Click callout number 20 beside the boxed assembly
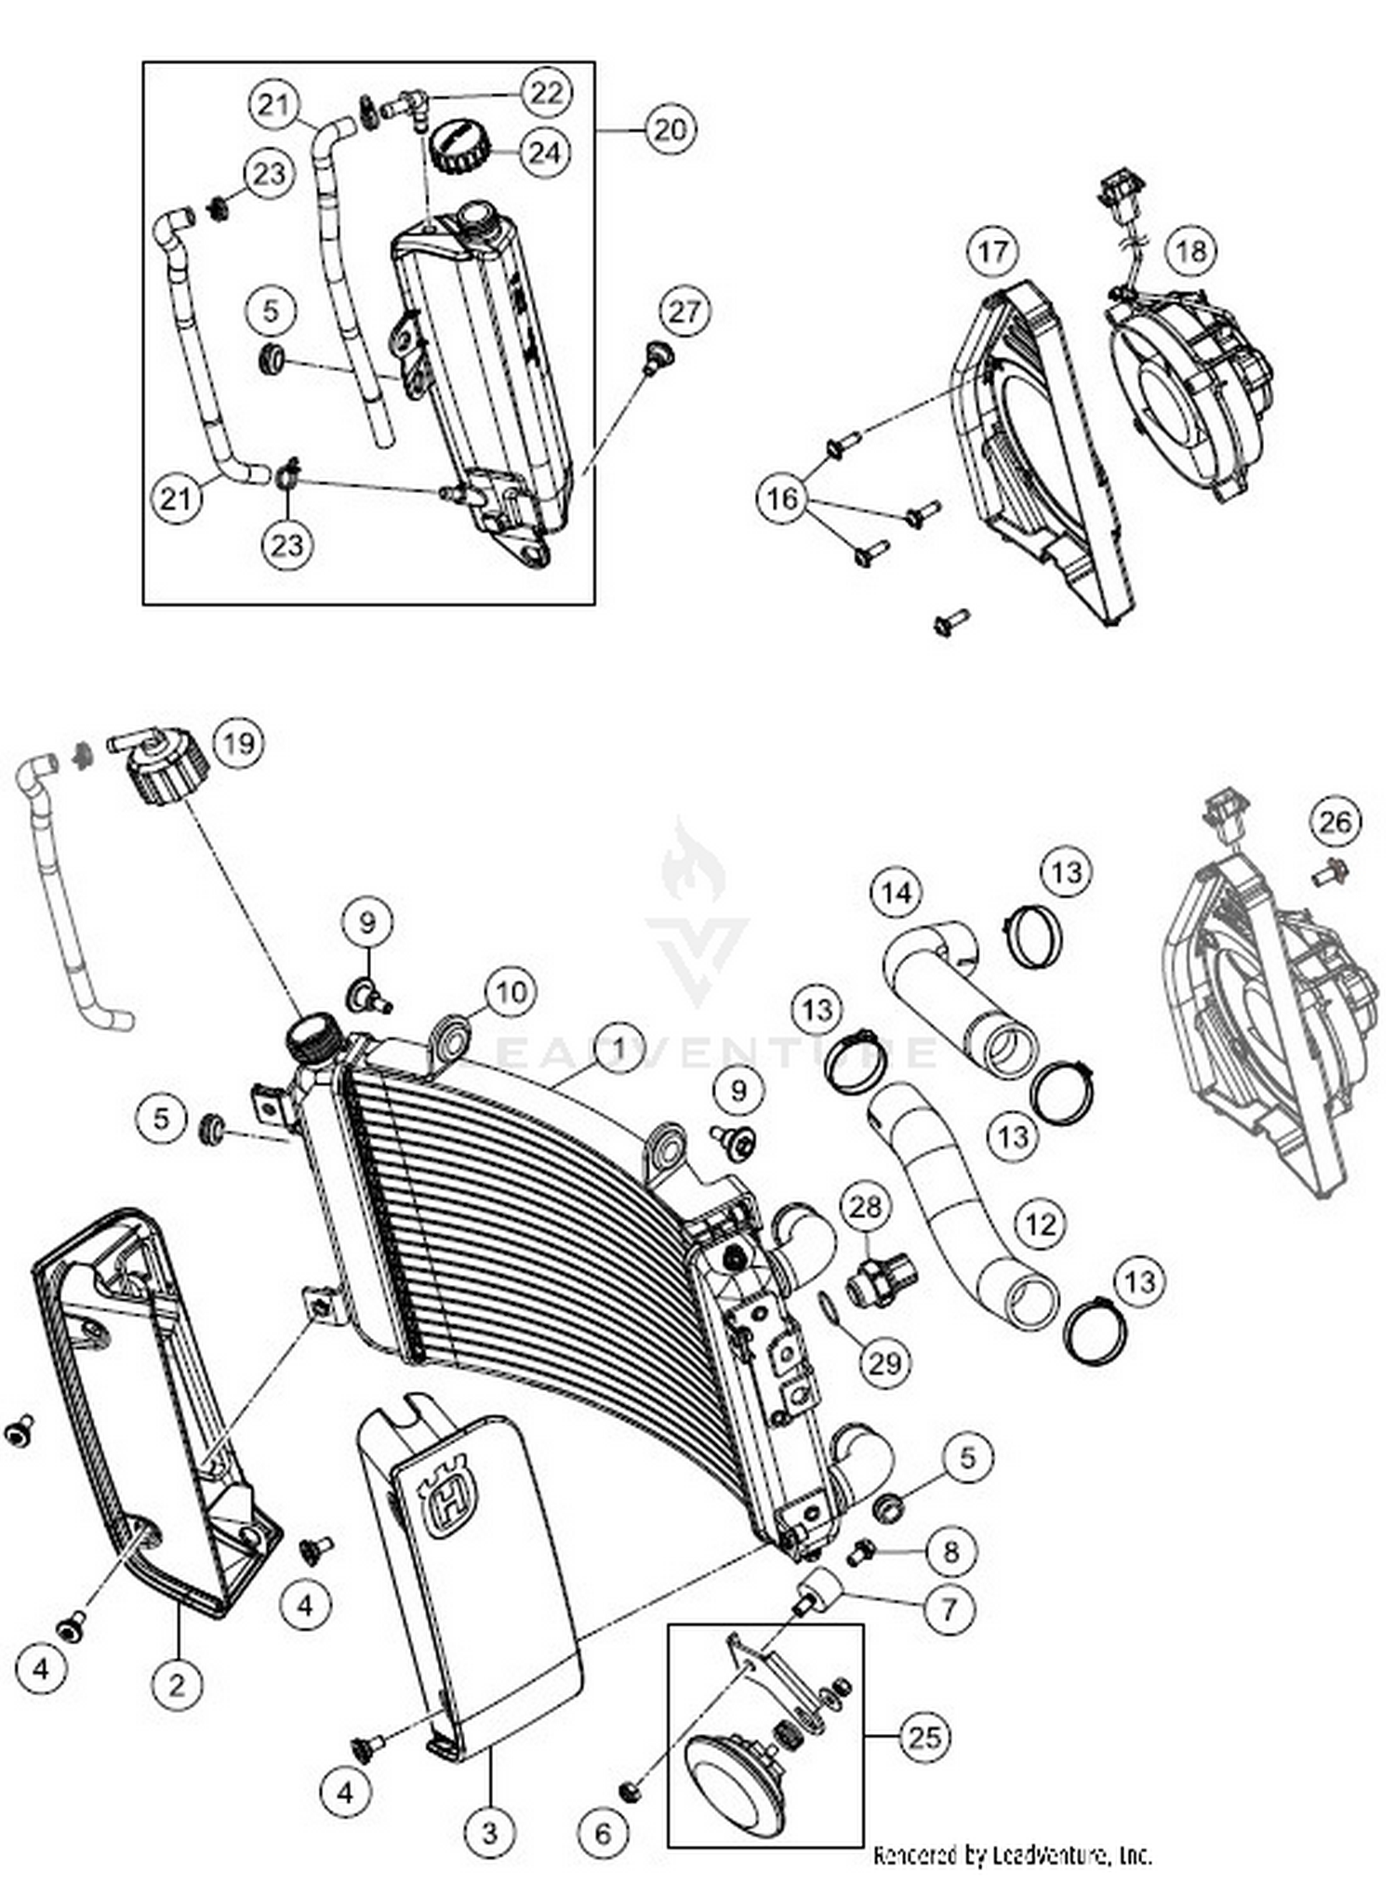670,129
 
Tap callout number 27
684,311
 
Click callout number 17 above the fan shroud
992,251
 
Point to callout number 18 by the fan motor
1191,250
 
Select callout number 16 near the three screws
781,498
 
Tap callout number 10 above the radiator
511,992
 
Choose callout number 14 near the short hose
896,893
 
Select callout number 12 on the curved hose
1040,1224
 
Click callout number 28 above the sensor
865,1207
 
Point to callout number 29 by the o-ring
884,1362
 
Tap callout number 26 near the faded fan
1335,821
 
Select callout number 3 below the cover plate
489,1832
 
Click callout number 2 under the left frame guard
177,1683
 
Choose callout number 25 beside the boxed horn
924,1737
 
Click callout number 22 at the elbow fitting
546,92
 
